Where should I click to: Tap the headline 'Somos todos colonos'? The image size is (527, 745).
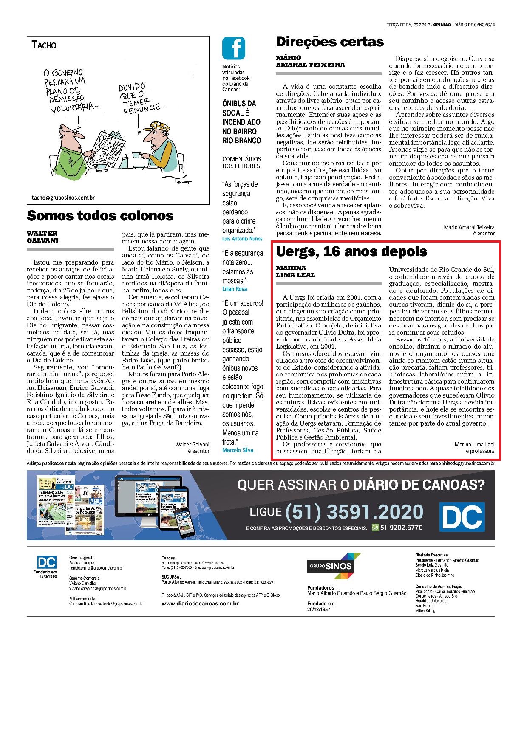100,215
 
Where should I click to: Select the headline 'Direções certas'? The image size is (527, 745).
330,42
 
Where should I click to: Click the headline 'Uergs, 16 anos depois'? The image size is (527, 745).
351,251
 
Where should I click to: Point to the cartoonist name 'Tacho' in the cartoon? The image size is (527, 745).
44,45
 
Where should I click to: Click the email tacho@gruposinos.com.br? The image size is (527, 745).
63,197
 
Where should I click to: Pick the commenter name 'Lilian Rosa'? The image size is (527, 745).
235,289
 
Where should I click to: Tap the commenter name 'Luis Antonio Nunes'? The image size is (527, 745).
242,239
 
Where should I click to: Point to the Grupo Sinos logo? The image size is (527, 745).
334,566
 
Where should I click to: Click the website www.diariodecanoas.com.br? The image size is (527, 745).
200,604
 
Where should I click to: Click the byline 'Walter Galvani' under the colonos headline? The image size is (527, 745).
42,237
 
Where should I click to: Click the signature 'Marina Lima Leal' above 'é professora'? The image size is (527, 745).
474,444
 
